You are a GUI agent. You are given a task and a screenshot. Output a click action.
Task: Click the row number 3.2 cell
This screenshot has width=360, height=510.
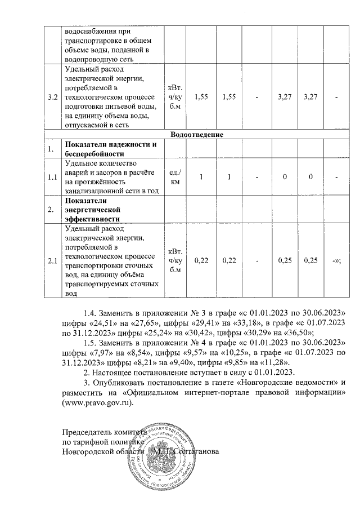point(53,97)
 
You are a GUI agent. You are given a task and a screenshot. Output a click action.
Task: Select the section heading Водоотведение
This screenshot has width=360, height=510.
point(196,135)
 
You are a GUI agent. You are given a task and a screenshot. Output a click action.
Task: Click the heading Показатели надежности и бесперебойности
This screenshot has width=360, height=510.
point(110,149)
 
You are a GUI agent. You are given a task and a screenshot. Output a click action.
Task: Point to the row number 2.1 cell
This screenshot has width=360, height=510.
point(53,261)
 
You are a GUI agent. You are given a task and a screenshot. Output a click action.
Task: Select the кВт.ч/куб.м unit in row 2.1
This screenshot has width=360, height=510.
point(175,261)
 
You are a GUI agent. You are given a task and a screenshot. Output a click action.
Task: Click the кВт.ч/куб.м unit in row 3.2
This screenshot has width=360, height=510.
point(175,97)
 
